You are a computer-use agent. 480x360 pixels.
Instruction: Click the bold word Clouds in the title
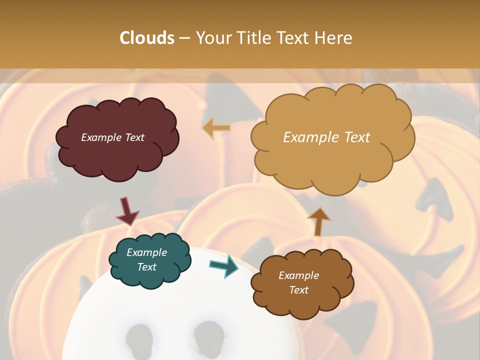pos(147,38)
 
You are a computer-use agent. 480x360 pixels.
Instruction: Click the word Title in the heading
pos(250,38)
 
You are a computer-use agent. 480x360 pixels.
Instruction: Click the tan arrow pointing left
pos(216,127)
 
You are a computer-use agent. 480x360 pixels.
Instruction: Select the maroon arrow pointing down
pos(127,211)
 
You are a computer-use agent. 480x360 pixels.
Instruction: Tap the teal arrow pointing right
pos(224,266)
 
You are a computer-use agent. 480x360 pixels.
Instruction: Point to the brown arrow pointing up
pos(318,221)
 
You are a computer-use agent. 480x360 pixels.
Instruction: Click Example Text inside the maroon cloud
pos(112,137)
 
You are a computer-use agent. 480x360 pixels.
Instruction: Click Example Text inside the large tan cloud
pos(326,137)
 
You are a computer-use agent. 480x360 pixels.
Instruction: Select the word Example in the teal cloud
pos(146,252)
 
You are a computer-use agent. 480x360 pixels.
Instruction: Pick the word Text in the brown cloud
pos(298,290)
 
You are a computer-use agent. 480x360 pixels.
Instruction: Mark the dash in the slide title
pos(184,38)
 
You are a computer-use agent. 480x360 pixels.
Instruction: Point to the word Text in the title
pos(292,38)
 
